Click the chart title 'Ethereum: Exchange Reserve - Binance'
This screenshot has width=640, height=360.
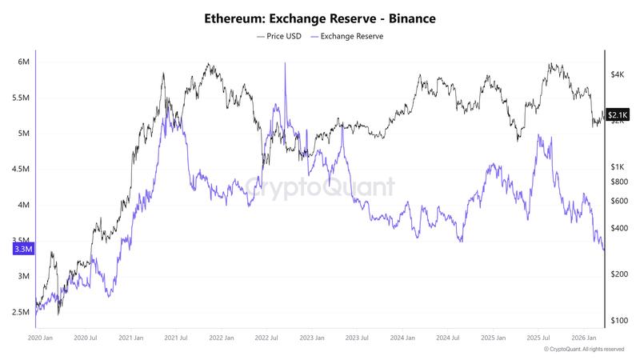point(320,18)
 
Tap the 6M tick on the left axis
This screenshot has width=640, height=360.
point(23,62)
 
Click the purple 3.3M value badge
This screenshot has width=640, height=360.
point(22,250)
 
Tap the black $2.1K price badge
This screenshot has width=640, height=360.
point(618,115)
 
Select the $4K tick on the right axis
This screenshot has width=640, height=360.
point(617,74)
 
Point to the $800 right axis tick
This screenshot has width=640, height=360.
point(618,182)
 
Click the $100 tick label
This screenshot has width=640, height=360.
point(618,321)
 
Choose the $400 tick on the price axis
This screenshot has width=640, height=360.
point(618,228)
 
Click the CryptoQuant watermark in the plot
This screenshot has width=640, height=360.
point(320,188)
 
